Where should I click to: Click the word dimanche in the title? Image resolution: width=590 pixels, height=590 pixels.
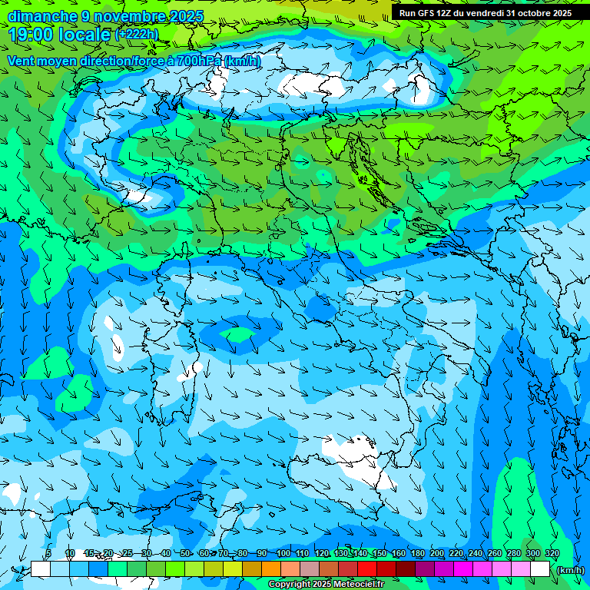[43, 16]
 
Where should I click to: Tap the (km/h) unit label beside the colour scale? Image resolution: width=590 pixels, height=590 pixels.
[570, 570]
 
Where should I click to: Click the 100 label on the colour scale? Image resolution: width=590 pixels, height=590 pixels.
[283, 553]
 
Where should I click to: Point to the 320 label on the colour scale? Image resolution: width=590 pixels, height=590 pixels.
[552, 553]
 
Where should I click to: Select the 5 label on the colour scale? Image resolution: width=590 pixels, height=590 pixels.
[48, 553]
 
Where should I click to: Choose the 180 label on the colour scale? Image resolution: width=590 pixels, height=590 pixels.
[417, 553]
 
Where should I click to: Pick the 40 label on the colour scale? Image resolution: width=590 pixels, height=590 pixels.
[166, 553]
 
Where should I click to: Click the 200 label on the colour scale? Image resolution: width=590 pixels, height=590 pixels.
[436, 553]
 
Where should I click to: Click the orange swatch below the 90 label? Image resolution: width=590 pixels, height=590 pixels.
[270, 569]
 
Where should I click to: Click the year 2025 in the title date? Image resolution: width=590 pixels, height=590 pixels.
[186, 16]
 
